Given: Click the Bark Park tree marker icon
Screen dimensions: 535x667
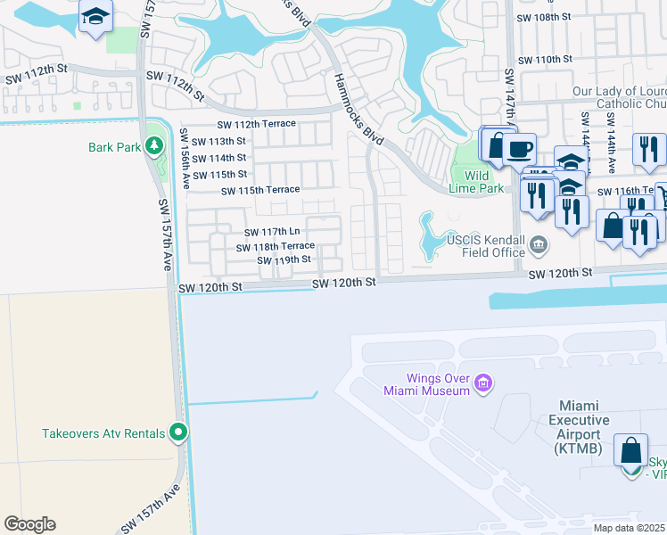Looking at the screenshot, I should (153, 145).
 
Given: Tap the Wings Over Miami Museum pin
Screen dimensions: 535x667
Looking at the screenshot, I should (483, 383).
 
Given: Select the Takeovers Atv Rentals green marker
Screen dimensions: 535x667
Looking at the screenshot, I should (178, 433).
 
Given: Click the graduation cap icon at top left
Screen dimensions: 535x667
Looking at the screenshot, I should (95, 18).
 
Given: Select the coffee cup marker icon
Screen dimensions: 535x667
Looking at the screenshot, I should (518, 148).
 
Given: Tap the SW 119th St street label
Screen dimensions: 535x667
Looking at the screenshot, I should (283, 259).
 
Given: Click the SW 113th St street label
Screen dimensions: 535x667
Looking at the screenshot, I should (218, 141).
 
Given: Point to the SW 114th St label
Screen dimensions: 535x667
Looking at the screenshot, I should (218, 158).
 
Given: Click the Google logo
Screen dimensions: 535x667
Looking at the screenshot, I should (29, 524).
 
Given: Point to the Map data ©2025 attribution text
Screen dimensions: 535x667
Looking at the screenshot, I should (630, 528).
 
